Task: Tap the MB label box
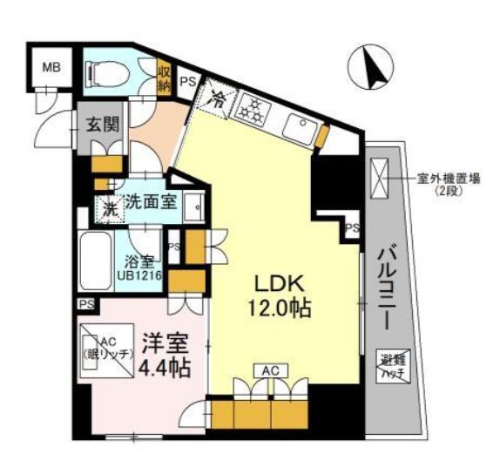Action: point(50,65)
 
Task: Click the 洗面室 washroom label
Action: point(151,202)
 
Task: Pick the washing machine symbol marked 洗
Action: point(110,209)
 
